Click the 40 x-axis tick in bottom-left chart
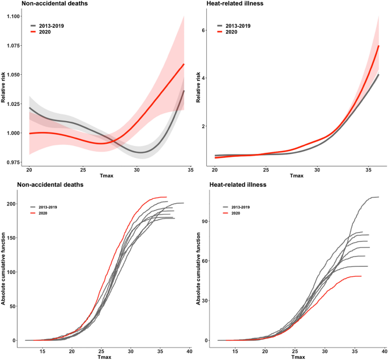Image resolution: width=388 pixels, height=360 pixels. [189, 352]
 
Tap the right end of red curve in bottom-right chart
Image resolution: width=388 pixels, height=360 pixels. [361, 276]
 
